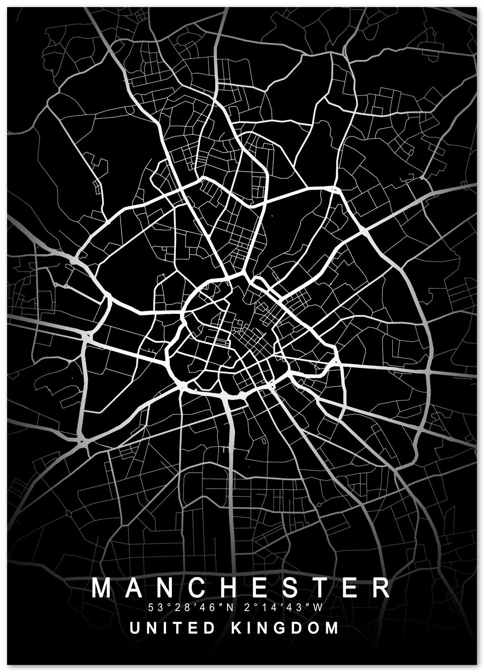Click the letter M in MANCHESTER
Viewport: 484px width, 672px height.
click(101, 588)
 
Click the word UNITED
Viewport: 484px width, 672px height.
click(173, 628)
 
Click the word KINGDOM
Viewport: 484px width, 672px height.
click(285, 628)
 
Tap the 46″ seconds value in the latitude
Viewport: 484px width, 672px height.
click(211, 608)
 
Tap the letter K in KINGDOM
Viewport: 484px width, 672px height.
click(235, 628)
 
